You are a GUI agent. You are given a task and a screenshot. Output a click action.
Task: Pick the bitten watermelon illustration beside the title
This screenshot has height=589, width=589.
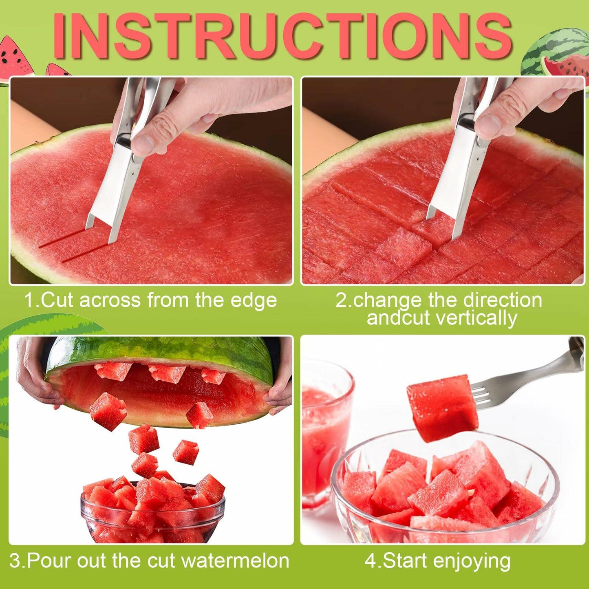[563, 65]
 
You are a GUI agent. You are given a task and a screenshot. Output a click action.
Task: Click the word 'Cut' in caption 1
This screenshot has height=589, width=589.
[57, 300]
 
